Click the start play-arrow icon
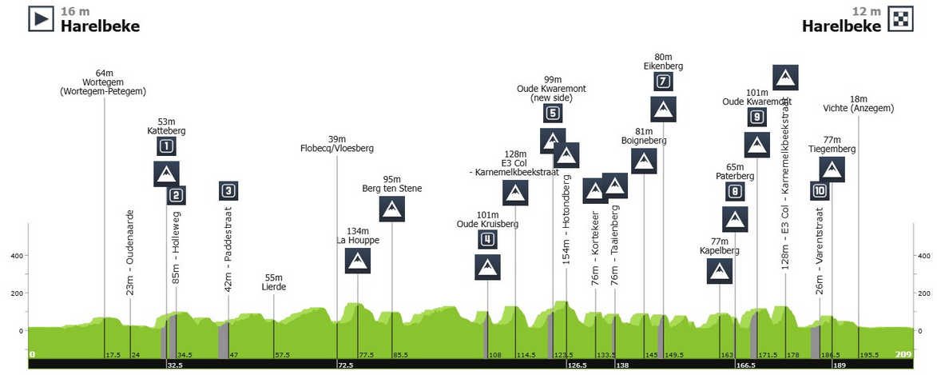coord(42,18)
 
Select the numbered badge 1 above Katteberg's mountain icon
coord(167,146)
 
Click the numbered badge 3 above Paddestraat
coord(229,191)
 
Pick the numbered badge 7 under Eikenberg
coord(663,82)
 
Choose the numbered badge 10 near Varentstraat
coord(820,191)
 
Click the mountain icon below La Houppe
coord(358,261)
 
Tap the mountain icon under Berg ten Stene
coord(392,209)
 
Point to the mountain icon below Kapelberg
coord(720,271)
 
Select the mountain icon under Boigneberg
coord(644,161)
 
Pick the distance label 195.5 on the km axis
coord(870,355)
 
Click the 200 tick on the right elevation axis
coord(925,293)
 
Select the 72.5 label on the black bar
coord(345,365)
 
